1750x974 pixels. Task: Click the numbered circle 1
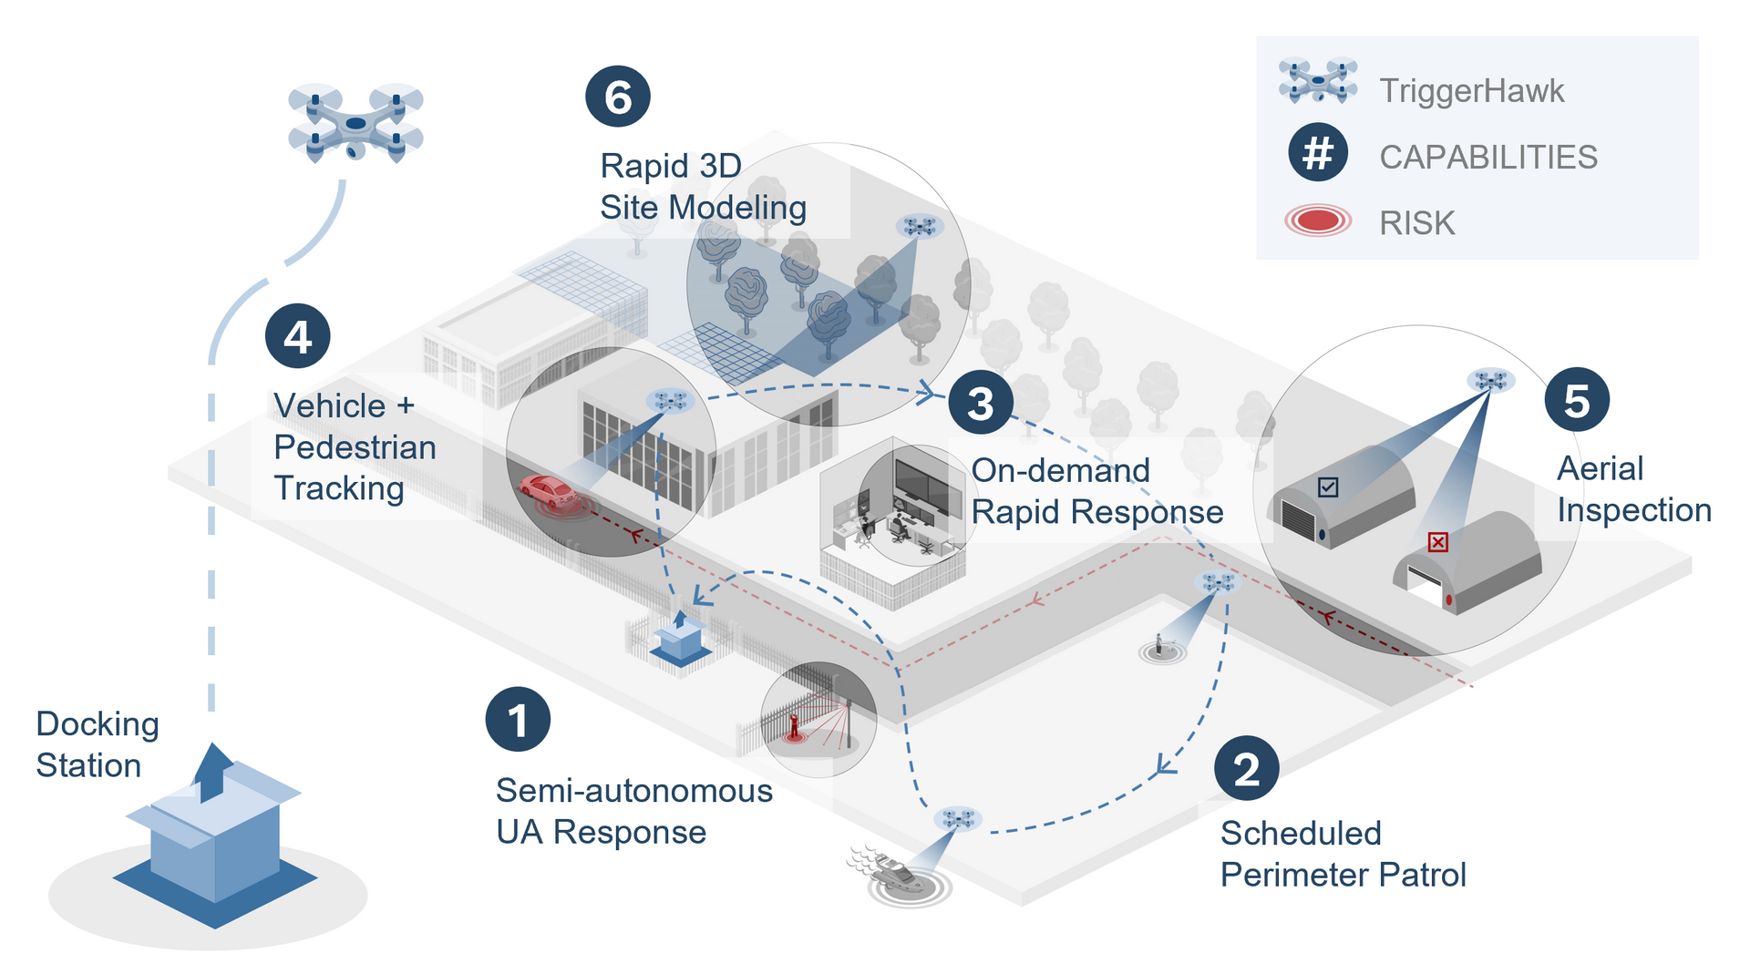tap(518, 719)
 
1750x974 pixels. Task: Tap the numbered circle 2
tap(1246, 769)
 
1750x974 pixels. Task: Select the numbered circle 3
tap(980, 403)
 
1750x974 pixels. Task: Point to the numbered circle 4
tap(297, 336)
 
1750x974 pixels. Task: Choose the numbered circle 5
tap(1577, 400)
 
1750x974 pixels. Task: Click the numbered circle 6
tap(617, 97)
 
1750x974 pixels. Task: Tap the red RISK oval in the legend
tap(1317, 220)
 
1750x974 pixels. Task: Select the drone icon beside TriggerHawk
tap(1318, 80)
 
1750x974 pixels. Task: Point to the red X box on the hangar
tap(1437, 543)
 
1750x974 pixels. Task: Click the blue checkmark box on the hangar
tap(1328, 487)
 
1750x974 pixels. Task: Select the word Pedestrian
tap(355, 447)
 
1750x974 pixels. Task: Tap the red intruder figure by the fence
tap(794, 725)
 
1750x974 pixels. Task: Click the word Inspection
tap(1633, 510)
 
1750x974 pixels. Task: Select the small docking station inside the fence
tap(680, 640)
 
